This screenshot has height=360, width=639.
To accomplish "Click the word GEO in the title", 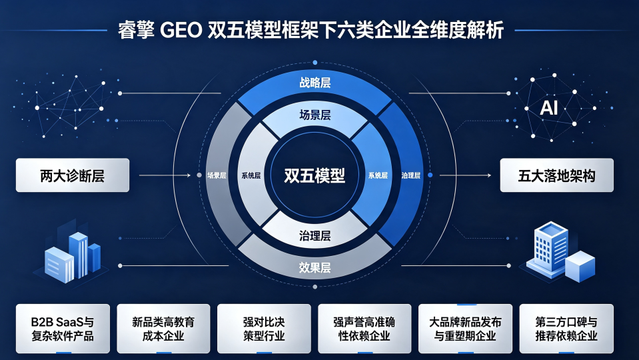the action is click(x=181, y=30).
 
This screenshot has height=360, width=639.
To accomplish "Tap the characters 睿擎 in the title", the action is click(x=137, y=30).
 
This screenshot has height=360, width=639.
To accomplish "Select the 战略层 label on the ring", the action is click(x=315, y=83).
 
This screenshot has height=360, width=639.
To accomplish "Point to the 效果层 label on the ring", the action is click(x=315, y=267).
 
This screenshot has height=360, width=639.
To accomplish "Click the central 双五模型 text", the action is click(x=315, y=176).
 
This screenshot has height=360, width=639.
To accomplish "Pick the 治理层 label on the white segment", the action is click(x=315, y=235).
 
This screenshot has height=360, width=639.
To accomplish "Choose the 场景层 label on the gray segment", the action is click(x=217, y=176).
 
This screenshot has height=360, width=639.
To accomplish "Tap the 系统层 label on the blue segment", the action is click(x=378, y=176).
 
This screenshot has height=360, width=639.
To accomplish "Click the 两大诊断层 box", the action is click(x=73, y=175).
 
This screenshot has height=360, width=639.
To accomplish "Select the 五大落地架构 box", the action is click(x=556, y=175).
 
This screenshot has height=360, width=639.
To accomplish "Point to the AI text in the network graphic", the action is click(x=549, y=108).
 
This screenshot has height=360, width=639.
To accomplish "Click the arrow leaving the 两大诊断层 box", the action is click(x=165, y=175).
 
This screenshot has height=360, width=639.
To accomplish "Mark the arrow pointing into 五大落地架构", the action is click(x=465, y=175).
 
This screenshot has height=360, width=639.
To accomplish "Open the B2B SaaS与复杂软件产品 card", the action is click(x=63, y=329).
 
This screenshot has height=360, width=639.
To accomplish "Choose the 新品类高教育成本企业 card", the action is click(x=163, y=329).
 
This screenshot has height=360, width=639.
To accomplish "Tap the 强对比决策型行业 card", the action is click(x=264, y=329).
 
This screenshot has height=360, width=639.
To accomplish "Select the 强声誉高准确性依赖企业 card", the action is click(x=364, y=329).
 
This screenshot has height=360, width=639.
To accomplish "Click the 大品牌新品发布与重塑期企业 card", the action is click(x=465, y=329).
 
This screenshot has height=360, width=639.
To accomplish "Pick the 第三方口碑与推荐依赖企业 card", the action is click(x=566, y=329).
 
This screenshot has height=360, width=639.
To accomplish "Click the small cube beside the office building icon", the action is click(x=580, y=267).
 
